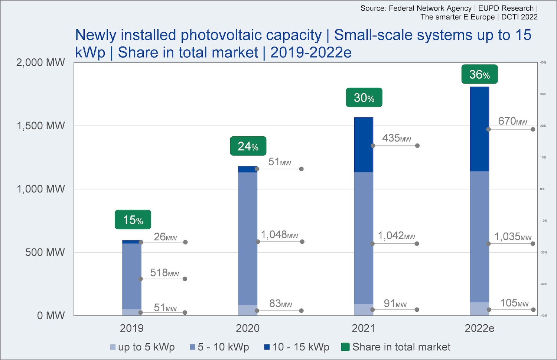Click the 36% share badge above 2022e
click(479, 74)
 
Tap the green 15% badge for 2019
click(133, 220)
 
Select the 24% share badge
click(248, 146)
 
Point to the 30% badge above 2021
click(364, 98)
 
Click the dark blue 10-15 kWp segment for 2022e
click(479, 129)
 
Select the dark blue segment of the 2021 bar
click(364, 145)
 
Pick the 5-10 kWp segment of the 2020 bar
click(248, 239)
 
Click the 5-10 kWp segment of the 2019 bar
click(132, 276)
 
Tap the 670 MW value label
click(512, 121)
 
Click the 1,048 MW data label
click(280, 235)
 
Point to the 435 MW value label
click(397, 138)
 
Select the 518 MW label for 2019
click(165, 273)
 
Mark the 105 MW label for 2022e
click(514, 303)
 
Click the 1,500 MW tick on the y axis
click(41, 126)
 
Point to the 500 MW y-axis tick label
click(45, 253)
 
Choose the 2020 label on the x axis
click(248, 328)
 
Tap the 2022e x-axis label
click(479, 328)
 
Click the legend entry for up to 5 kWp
click(142, 347)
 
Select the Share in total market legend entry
click(396, 347)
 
